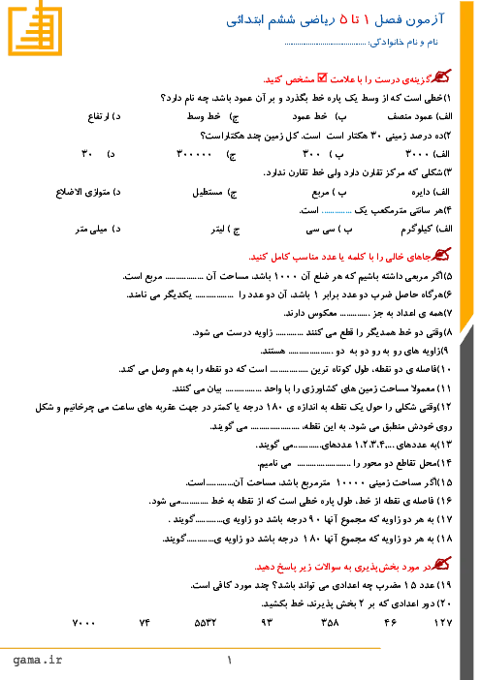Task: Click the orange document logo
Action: [35, 28]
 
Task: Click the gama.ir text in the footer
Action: [37, 660]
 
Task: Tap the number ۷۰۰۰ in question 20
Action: [83, 623]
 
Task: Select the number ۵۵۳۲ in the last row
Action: [205, 623]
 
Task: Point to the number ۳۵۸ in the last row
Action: [330, 623]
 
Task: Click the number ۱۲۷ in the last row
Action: [443, 623]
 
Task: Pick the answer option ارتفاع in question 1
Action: [99, 116]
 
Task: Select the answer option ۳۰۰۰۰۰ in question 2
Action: [194, 154]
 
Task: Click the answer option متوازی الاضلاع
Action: [82, 192]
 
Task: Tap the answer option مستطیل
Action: [208, 192]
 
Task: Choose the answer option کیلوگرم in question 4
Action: [416, 230]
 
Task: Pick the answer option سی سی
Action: [320, 230]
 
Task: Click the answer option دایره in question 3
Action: [420, 192]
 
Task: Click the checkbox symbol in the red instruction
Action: [322, 77]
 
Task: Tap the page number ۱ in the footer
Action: [229, 660]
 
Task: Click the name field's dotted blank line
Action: [325, 44]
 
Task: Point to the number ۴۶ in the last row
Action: [390, 623]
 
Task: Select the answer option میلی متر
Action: [91, 230]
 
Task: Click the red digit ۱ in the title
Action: [366, 19]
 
